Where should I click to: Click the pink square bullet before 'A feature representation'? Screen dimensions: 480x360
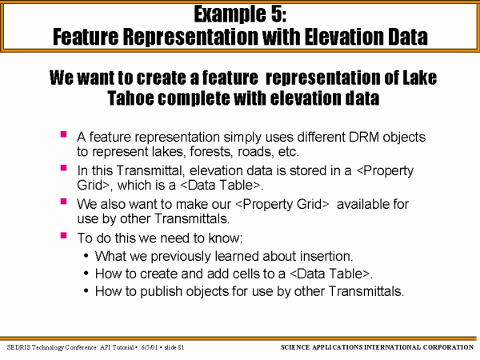(x=64, y=134)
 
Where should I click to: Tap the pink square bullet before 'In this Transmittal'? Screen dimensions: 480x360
(x=64, y=168)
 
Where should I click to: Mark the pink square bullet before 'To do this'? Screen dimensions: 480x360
(x=64, y=235)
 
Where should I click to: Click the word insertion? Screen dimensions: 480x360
(x=326, y=256)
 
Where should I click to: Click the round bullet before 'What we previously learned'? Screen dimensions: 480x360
(x=86, y=256)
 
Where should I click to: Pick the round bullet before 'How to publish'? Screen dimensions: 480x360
(x=86, y=291)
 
